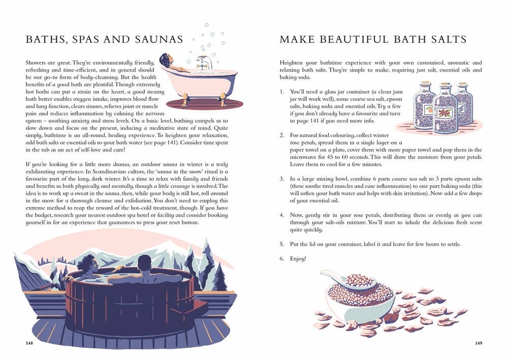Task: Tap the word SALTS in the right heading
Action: (449, 40)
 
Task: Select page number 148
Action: (29, 343)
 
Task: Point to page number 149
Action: (479, 343)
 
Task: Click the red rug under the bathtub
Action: (204, 104)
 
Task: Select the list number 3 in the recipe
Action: (282, 179)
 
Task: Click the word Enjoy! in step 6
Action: (298, 258)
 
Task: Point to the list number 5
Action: (282, 244)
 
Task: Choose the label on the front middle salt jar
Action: (446, 113)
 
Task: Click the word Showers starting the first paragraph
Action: (36, 63)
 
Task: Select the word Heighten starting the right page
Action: (290, 63)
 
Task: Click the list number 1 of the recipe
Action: (282, 92)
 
